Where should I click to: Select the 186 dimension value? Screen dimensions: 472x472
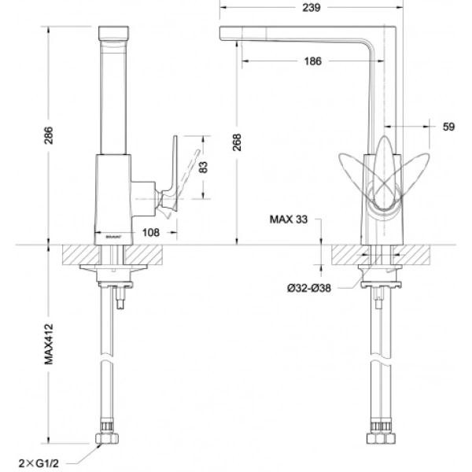tap(312, 61)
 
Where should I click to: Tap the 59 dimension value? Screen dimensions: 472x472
tap(449, 126)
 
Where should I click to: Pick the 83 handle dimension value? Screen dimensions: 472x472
tap(207, 168)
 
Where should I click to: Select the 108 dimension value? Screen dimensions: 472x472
tap(152, 232)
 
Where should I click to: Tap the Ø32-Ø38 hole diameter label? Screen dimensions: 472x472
tap(309, 288)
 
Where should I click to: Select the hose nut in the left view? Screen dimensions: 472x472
tap(109, 437)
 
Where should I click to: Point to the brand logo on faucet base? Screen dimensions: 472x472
tap(110, 234)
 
